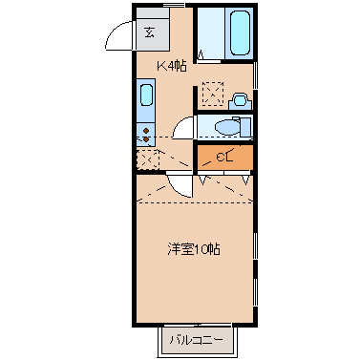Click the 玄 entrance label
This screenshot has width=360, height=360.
(x=150, y=32)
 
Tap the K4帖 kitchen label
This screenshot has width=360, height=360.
(x=171, y=65)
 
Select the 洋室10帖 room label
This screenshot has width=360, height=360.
(x=195, y=249)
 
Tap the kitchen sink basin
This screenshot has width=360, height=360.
(x=146, y=95)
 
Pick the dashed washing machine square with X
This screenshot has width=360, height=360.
(x=213, y=94)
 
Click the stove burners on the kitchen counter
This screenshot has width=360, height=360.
(x=146, y=133)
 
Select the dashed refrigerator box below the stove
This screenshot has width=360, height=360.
(x=147, y=159)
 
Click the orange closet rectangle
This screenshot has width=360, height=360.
(x=225, y=156)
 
